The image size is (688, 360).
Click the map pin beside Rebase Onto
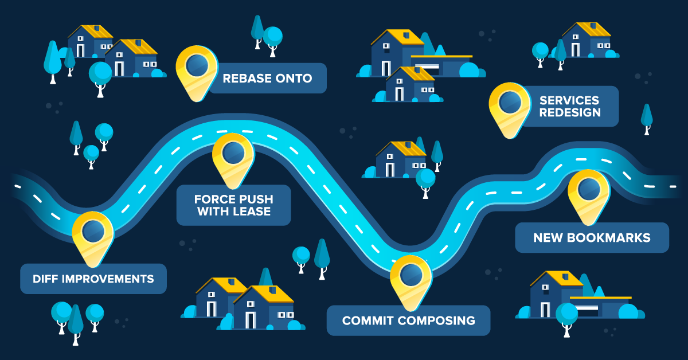pos(196,67)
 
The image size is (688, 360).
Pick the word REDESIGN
pos(570,112)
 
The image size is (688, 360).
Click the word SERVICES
pos(570,100)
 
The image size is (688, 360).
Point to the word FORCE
pos(213,199)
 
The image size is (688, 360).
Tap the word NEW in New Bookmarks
pos(546,237)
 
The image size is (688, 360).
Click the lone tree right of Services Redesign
pos(647,118)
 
